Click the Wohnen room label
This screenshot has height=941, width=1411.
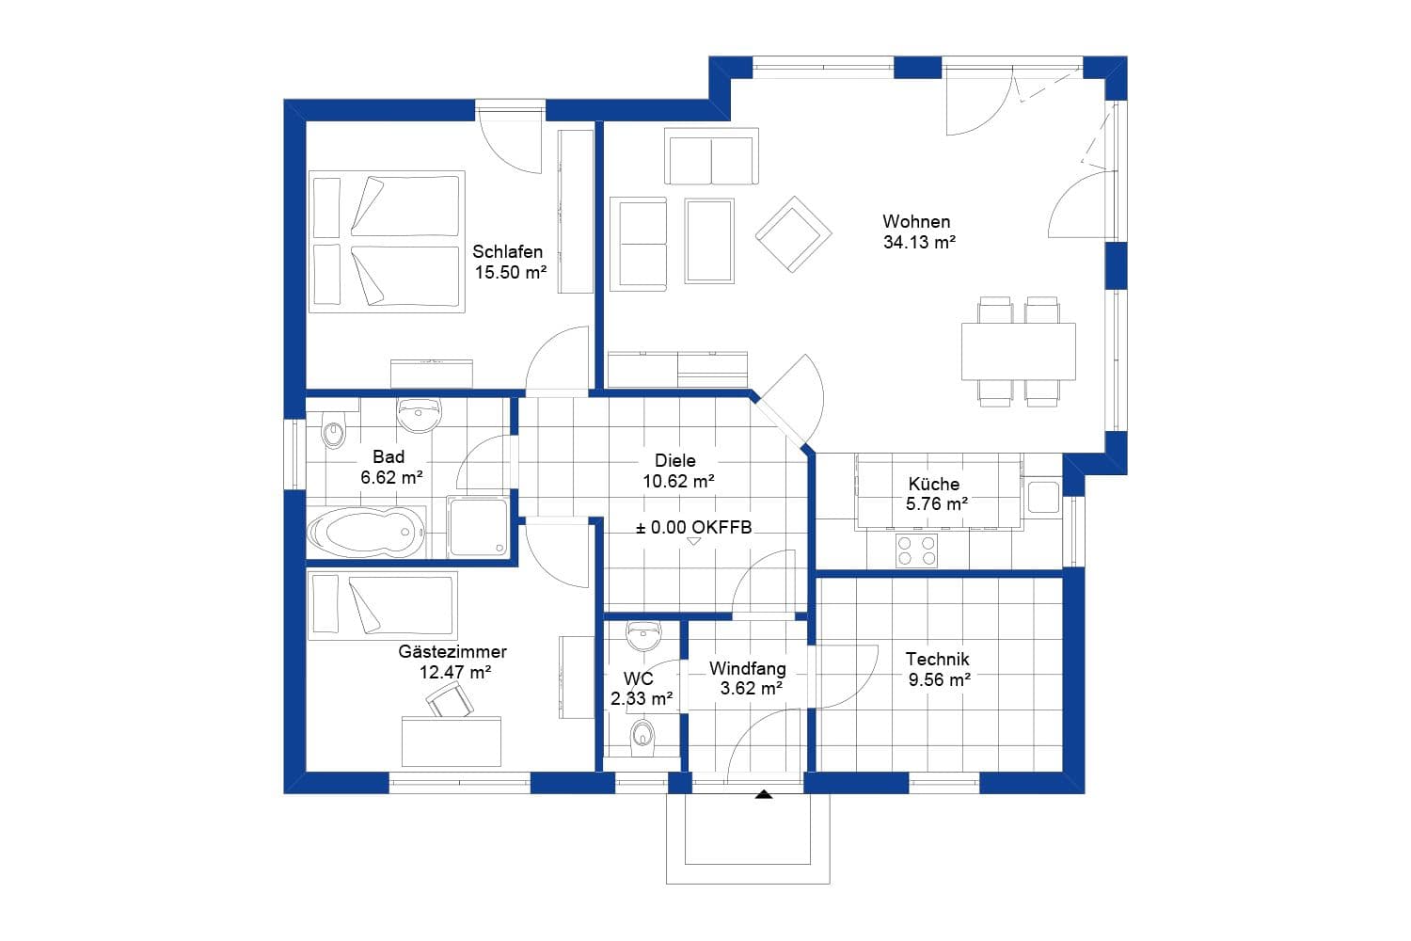click(916, 222)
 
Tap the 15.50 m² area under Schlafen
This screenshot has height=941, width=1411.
click(510, 273)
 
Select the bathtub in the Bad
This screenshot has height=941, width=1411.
click(366, 534)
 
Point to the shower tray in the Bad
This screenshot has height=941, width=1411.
click(478, 527)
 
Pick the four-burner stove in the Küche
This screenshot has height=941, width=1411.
click(916, 550)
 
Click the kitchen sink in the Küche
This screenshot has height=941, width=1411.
click(1043, 496)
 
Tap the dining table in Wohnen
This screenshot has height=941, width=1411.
click(1018, 351)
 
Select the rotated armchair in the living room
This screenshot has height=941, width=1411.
click(793, 233)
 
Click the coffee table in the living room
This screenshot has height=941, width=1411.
click(709, 241)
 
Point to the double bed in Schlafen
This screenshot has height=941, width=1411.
click(387, 242)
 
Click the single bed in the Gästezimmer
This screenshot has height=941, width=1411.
click(382, 605)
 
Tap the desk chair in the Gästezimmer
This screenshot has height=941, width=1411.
click(450, 701)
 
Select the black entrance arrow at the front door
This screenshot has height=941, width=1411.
click(764, 795)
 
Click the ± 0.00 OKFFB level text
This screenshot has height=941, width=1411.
click(694, 528)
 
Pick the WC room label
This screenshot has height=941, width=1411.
click(639, 678)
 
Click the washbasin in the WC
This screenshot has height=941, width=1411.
click(644, 637)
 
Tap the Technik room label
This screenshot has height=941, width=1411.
click(937, 660)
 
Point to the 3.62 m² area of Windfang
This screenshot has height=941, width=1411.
click(752, 689)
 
